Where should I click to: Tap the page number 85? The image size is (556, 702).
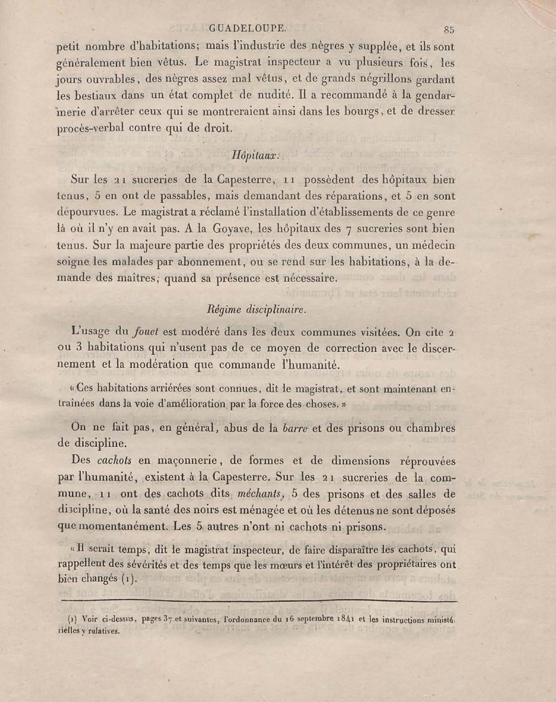coord(449,30)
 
